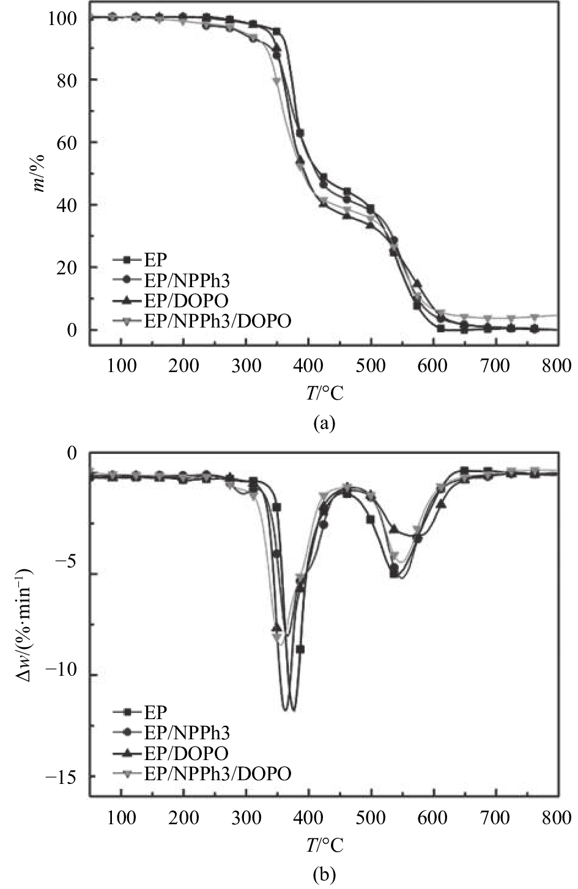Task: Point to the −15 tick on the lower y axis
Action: (x=61, y=777)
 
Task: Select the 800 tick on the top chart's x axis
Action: (x=557, y=366)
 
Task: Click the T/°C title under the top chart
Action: (x=324, y=392)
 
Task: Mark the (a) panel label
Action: (x=324, y=422)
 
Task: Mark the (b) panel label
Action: (x=324, y=875)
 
